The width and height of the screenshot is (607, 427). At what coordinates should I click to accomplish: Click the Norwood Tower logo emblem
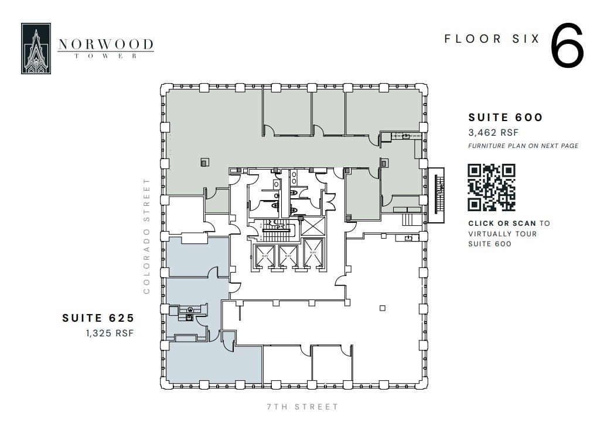click(36, 49)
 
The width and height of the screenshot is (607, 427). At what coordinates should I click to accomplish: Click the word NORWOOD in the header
click(106, 44)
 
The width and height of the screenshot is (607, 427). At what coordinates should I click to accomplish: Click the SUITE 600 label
click(506, 118)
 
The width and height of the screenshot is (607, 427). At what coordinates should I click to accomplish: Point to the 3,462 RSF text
click(493, 133)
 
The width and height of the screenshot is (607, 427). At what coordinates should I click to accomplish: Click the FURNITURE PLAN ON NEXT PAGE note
click(523, 146)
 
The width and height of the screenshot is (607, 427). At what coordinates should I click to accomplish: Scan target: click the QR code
click(491, 187)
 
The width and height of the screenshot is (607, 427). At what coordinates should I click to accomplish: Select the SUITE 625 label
click(98, 318)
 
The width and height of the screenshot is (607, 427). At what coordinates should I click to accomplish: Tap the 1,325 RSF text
click(110, 333)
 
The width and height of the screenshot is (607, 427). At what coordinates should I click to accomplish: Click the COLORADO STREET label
click(147, 236)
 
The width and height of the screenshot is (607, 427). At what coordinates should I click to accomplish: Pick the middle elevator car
click(288, 256)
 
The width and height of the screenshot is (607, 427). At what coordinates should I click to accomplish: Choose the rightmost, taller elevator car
click(313, 253)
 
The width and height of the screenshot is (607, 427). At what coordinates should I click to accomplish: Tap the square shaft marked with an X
click(312, 226)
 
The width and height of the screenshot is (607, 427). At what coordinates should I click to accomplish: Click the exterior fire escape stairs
click(437, 195)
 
